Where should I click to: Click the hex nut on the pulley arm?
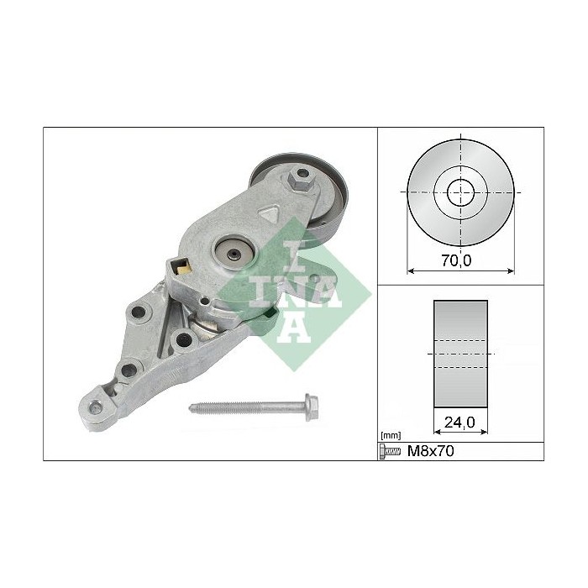pyautogui.click(x=301, y=178)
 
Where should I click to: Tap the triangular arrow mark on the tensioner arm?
pyautogui.click(x=269, y=214)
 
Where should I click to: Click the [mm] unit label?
pyautogui.click(x=390, y=436)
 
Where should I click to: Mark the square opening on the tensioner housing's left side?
pyautogui.click(x=180, y=270)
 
